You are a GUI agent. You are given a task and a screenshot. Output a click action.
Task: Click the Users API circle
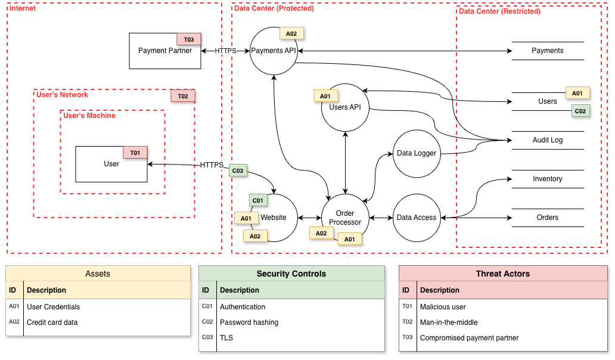click(346, 108)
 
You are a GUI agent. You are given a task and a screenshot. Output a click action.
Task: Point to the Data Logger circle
click(417, 154)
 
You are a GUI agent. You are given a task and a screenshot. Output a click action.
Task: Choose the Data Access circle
click(417, 218)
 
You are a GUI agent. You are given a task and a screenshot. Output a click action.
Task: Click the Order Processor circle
click(345, 218)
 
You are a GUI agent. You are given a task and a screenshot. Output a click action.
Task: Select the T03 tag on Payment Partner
click(189, 39)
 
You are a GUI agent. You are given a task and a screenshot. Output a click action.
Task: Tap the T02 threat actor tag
click(183, 96)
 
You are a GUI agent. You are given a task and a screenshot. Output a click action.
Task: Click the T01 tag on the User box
click(135, 153)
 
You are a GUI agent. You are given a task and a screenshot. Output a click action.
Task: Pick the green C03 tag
click(238, 170)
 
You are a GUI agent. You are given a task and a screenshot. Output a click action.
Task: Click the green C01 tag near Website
click(258, 200)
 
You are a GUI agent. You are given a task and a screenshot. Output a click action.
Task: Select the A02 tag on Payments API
click(291, 33)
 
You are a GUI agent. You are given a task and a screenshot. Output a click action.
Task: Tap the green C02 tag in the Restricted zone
click(580, 111)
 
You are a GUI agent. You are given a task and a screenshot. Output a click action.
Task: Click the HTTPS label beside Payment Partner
click(225, 51)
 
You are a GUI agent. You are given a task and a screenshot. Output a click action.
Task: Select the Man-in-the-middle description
click(449, 322)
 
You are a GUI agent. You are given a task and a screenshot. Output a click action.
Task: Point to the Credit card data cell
click(52, 322)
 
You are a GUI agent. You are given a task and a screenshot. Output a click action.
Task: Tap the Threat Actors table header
click(502, 274)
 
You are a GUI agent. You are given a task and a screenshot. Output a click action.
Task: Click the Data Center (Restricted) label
click(499, 11)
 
